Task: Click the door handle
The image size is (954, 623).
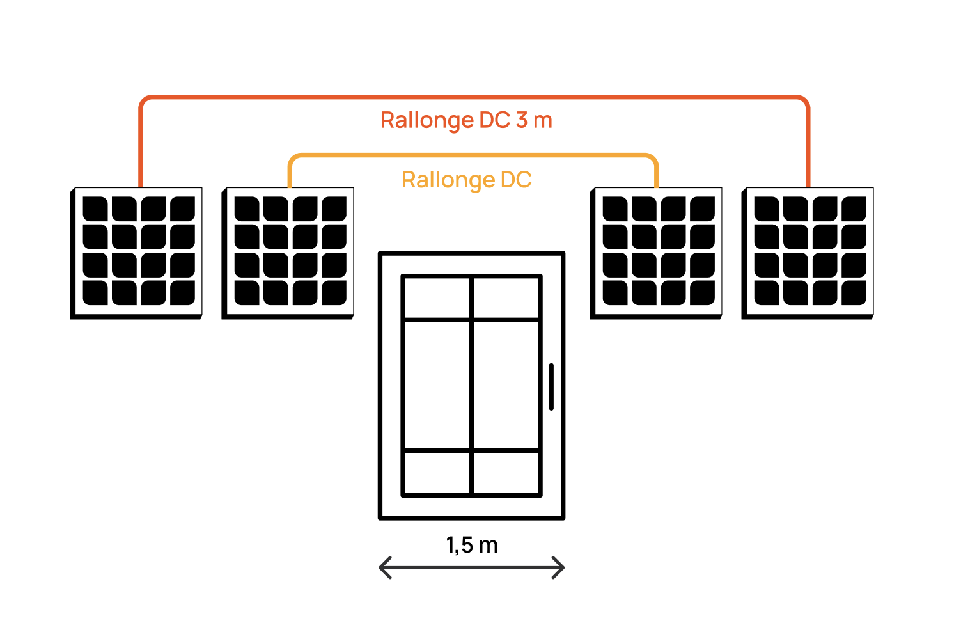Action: tap(551, 386)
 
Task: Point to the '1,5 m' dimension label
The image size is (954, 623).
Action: tap(472, 546)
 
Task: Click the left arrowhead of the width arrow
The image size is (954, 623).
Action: tap(384, 567)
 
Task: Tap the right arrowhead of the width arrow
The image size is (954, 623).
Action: tap(560, 567)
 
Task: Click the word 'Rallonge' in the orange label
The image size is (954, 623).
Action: tap(426, 120)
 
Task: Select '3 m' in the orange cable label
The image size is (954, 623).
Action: tap(534, 120)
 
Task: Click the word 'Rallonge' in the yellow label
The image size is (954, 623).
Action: tap(448, 180)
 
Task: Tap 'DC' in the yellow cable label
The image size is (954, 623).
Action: tap(516, 180)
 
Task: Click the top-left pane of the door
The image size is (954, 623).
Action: tap(437, 297)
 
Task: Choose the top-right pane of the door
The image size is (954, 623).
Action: tap(506, 297)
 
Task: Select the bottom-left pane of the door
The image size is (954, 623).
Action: tap(437, 473)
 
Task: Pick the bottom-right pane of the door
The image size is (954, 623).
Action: tap(506, 473)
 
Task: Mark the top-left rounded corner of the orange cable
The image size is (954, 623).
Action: tap(145, 101)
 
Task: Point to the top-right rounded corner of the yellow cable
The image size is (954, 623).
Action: tap(653, 159)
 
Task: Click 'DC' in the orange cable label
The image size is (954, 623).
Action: tap(495, 120)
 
